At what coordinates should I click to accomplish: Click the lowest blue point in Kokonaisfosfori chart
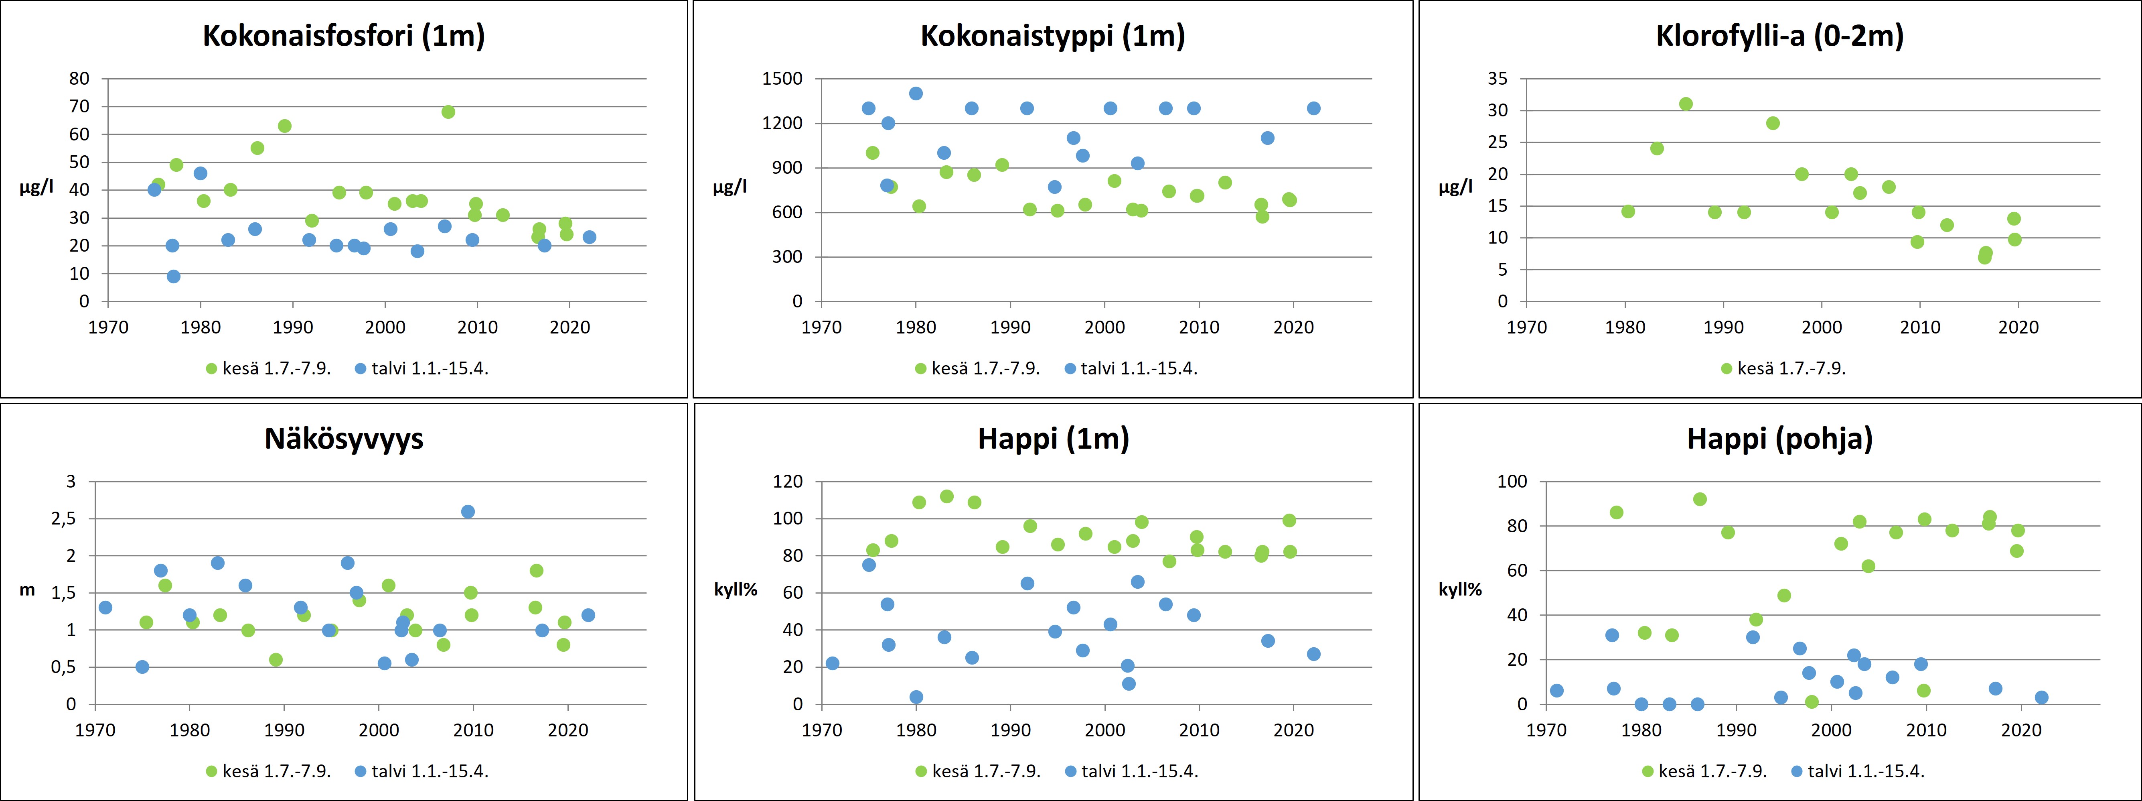[x=173, y=276]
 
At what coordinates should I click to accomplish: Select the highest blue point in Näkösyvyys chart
[x=468, y=512]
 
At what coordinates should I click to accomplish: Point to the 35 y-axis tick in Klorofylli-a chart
[x=1497, y=79]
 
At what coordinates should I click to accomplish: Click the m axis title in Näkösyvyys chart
[x=27, y=590]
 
